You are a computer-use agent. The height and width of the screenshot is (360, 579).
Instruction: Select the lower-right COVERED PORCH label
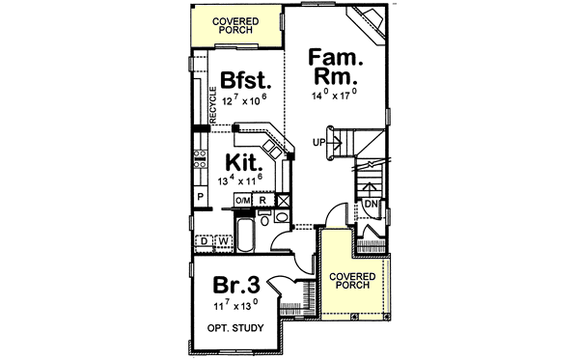353,281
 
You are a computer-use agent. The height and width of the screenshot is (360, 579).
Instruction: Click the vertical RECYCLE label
212,105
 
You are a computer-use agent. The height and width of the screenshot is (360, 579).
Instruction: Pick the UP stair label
317,143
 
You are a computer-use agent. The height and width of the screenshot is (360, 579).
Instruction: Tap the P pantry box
201,197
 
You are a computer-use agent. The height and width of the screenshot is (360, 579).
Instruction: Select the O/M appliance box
243,200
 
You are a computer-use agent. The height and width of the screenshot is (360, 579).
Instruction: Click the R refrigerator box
263,200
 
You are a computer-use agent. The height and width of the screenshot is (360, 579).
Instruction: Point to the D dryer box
205,241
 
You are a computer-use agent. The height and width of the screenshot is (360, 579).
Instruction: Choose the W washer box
221,241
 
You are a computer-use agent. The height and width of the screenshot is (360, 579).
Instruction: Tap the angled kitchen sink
276,151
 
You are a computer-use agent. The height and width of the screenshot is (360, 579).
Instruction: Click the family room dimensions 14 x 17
333,94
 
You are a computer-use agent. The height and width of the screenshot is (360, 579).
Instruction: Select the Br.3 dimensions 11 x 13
235,306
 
